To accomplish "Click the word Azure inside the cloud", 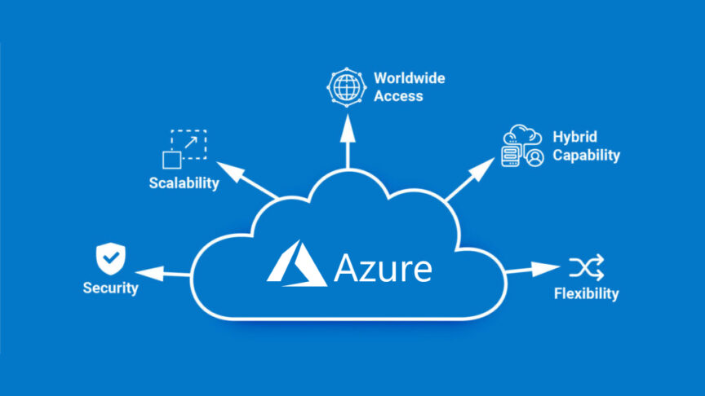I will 383,268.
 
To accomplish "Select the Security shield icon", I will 110,258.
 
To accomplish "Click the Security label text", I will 110,288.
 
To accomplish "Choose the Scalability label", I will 184,183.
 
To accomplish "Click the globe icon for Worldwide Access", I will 343,86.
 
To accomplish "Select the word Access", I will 398,95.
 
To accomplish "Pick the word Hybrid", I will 575,137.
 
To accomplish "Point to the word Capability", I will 586,155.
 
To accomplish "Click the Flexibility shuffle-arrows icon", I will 586,266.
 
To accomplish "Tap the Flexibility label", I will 586,293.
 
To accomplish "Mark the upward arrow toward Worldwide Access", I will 348,139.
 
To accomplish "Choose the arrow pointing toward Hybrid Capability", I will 470,180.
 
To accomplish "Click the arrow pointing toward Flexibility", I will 530,269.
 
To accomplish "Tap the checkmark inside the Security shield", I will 110,257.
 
